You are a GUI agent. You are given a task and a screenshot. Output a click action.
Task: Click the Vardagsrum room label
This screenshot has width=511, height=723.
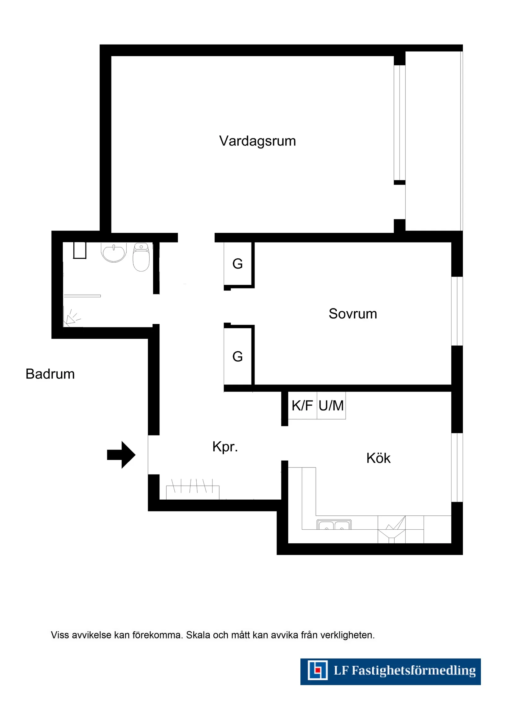[x=257, y=141]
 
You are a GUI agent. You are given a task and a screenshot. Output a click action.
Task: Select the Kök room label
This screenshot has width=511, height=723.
[x=378, y=458]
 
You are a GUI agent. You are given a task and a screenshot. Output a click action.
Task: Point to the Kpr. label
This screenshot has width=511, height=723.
[x=225, y=447]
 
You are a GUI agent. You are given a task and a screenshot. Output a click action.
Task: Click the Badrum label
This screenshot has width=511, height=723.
[x=50, y=374]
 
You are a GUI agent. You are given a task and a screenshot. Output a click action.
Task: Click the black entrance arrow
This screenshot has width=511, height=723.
[x=121, y=455]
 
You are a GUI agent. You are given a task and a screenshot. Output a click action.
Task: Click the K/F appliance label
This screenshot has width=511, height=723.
[x=302, y=405]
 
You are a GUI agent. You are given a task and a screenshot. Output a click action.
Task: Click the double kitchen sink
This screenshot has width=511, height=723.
[x=334, y=525]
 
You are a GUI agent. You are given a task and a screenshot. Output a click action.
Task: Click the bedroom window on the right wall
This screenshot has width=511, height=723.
[x=457, y=311]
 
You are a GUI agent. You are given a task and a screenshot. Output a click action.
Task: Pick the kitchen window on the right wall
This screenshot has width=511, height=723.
[x=457, y=467]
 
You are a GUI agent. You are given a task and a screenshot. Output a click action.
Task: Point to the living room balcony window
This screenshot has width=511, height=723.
[x=400, y=122]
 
